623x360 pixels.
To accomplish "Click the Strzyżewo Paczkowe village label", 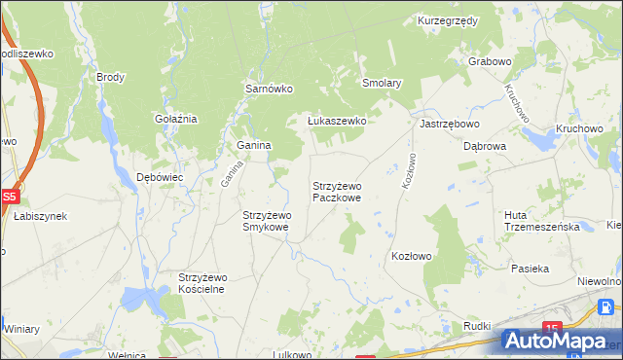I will coord(337,191).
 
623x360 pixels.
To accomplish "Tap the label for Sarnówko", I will coord(269,89).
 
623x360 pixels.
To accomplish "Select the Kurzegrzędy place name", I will coord(446,20).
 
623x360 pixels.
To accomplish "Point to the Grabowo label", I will coord(490,61).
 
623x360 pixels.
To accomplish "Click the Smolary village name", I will coord(382,84).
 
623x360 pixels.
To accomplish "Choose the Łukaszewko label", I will coord(336,121).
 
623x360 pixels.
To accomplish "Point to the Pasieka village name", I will coord(531,268).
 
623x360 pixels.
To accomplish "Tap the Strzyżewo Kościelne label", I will coord(202,283).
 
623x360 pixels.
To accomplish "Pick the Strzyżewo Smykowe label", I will coord(266,221).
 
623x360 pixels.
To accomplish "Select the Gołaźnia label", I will coord(176,119).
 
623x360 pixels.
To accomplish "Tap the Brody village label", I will coord(111,76).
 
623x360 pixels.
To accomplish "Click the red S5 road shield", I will coord(9,196).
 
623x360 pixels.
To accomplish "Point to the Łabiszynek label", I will coord(39,216).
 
